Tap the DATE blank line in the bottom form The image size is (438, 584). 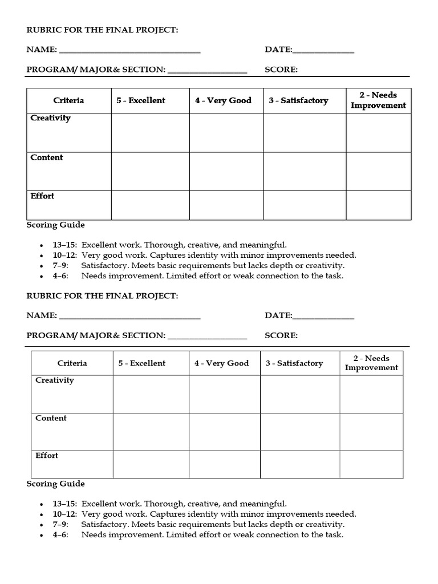[x=323, y=317]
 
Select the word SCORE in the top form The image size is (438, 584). [x=281, y=70]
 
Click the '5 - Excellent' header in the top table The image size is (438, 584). [x=141, y=100]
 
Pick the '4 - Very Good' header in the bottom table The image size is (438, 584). [x=221, y=363]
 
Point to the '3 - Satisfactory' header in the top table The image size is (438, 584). [x=299, y=100]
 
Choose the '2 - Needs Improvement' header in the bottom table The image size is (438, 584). [x=371, y=363]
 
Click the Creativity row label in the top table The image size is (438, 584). [x=51, y=118]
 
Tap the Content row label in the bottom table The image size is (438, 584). [x=51, y=418]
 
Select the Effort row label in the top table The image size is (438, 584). [x=43, y=196]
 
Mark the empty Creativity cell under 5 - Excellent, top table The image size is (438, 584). [x=150, y=132]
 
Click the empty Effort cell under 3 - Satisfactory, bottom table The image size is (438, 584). [x=300, y=464]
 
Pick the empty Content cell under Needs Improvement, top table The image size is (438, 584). [x=378, y=171]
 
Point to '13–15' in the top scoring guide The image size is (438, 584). [x=65, y=245]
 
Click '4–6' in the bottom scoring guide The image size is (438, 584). [x=60, y=535]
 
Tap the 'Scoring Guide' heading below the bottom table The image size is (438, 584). [x=56, y=484]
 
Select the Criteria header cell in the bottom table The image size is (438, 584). [x=72, y=363]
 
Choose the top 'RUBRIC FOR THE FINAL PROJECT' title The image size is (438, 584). [x=103, y=30]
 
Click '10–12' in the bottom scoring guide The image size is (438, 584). [x=65, y=514]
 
